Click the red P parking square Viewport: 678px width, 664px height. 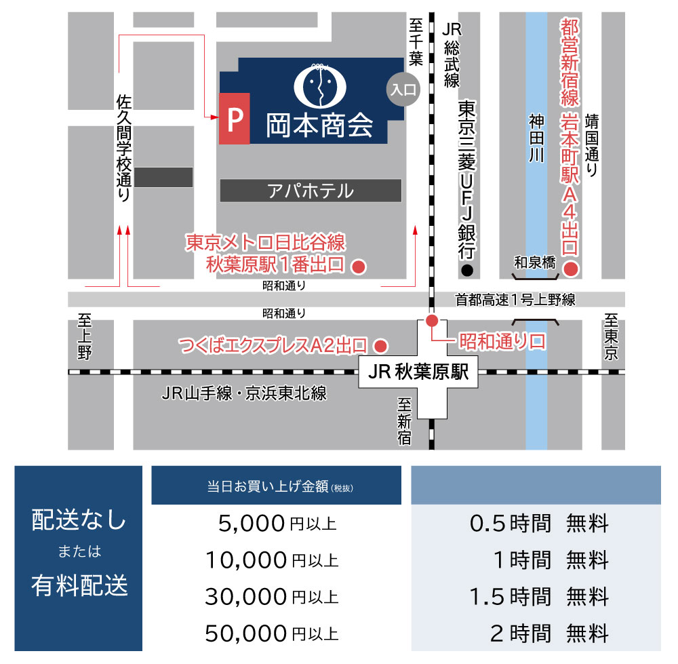(x=234, y=119)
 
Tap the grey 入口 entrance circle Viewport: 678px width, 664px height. (x=403, y=88)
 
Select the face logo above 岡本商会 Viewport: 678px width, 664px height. (x=319, y=83)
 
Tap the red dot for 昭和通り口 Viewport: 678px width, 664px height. (x=431, y=321)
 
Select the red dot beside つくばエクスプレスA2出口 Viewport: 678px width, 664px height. (x=381, y=345)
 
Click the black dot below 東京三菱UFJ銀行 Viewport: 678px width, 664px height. (x=466, y=271)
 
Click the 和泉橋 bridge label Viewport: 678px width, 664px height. (x=535, y=262)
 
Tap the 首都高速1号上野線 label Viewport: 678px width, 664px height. (x=515, y=299)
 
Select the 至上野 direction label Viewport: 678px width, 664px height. (x=85, y=336)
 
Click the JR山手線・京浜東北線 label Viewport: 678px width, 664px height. (x=244, y=393)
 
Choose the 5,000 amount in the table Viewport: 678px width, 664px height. (x=252, y=524)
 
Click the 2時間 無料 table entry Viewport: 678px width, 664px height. (x=549, y=633)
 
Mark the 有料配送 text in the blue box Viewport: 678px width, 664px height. (x=79, y=585)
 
